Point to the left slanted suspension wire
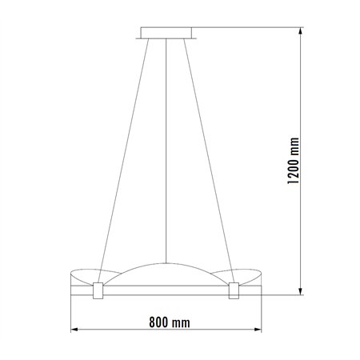click(x=125, y=152)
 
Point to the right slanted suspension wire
click(x=210, y=152)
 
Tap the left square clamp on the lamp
click(x=98, y=290)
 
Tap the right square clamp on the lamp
click(x=234, y=290)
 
